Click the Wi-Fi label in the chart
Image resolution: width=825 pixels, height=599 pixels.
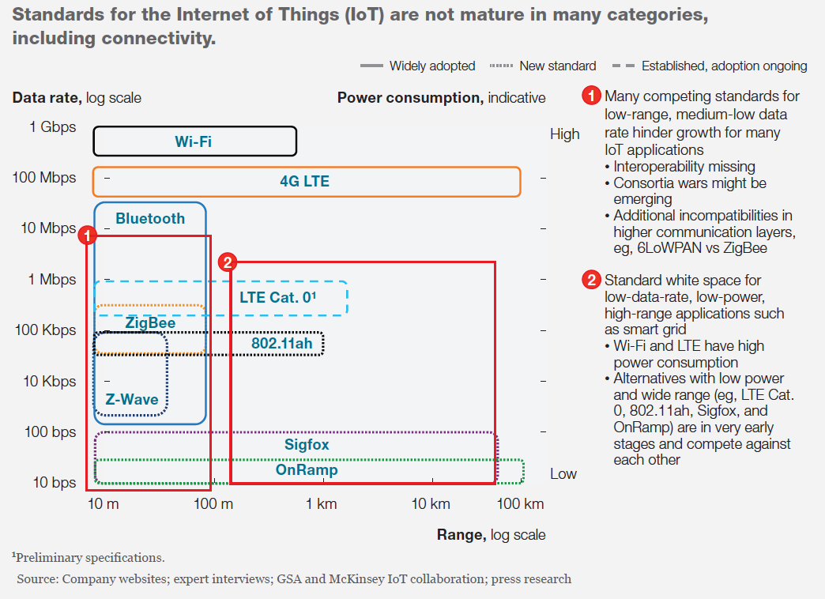[x=194, y=142]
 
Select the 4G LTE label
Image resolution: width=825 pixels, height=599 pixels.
[x=304, y=182]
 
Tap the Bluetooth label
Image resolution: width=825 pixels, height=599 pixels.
[x=150, y=219]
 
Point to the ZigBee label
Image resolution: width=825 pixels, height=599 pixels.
[x=150, y=322]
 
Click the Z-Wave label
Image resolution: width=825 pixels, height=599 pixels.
[x=132, y=399]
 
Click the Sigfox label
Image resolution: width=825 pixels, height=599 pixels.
[x=307, y=445]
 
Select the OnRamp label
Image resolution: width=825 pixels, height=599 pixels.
[x=307, y=470]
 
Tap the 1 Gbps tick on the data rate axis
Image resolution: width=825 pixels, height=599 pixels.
[x=53, y=126]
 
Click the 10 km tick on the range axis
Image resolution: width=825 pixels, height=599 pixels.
[x=431, y=504]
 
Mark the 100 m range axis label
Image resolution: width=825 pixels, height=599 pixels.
[x=213, y=504]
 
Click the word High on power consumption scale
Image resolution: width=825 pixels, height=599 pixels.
[x=565, y=134]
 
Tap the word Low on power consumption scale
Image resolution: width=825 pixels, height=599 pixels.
[x=563, y=474]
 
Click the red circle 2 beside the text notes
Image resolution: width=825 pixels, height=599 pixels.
[x=591, y=280]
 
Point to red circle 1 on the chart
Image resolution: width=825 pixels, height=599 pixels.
[x=89, y=235]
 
